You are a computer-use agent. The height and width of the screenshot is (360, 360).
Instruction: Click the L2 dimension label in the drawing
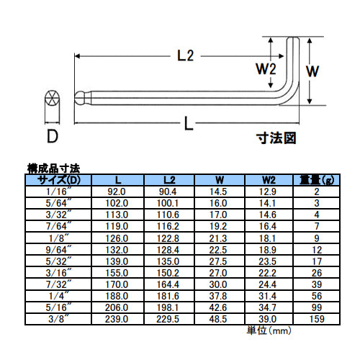185,56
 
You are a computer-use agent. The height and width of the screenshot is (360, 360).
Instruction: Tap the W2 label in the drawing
266,69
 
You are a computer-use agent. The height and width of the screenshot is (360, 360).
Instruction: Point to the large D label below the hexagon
53,136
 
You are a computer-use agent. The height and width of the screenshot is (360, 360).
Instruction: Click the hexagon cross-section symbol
52,98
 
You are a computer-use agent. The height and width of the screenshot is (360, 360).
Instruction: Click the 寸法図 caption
276,138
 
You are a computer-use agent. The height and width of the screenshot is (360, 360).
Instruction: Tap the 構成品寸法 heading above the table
53,168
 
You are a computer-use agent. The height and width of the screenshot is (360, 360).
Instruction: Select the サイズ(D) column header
59,180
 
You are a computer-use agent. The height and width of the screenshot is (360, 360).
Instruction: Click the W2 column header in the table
269,180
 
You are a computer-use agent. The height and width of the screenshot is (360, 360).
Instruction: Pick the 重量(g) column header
317,180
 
